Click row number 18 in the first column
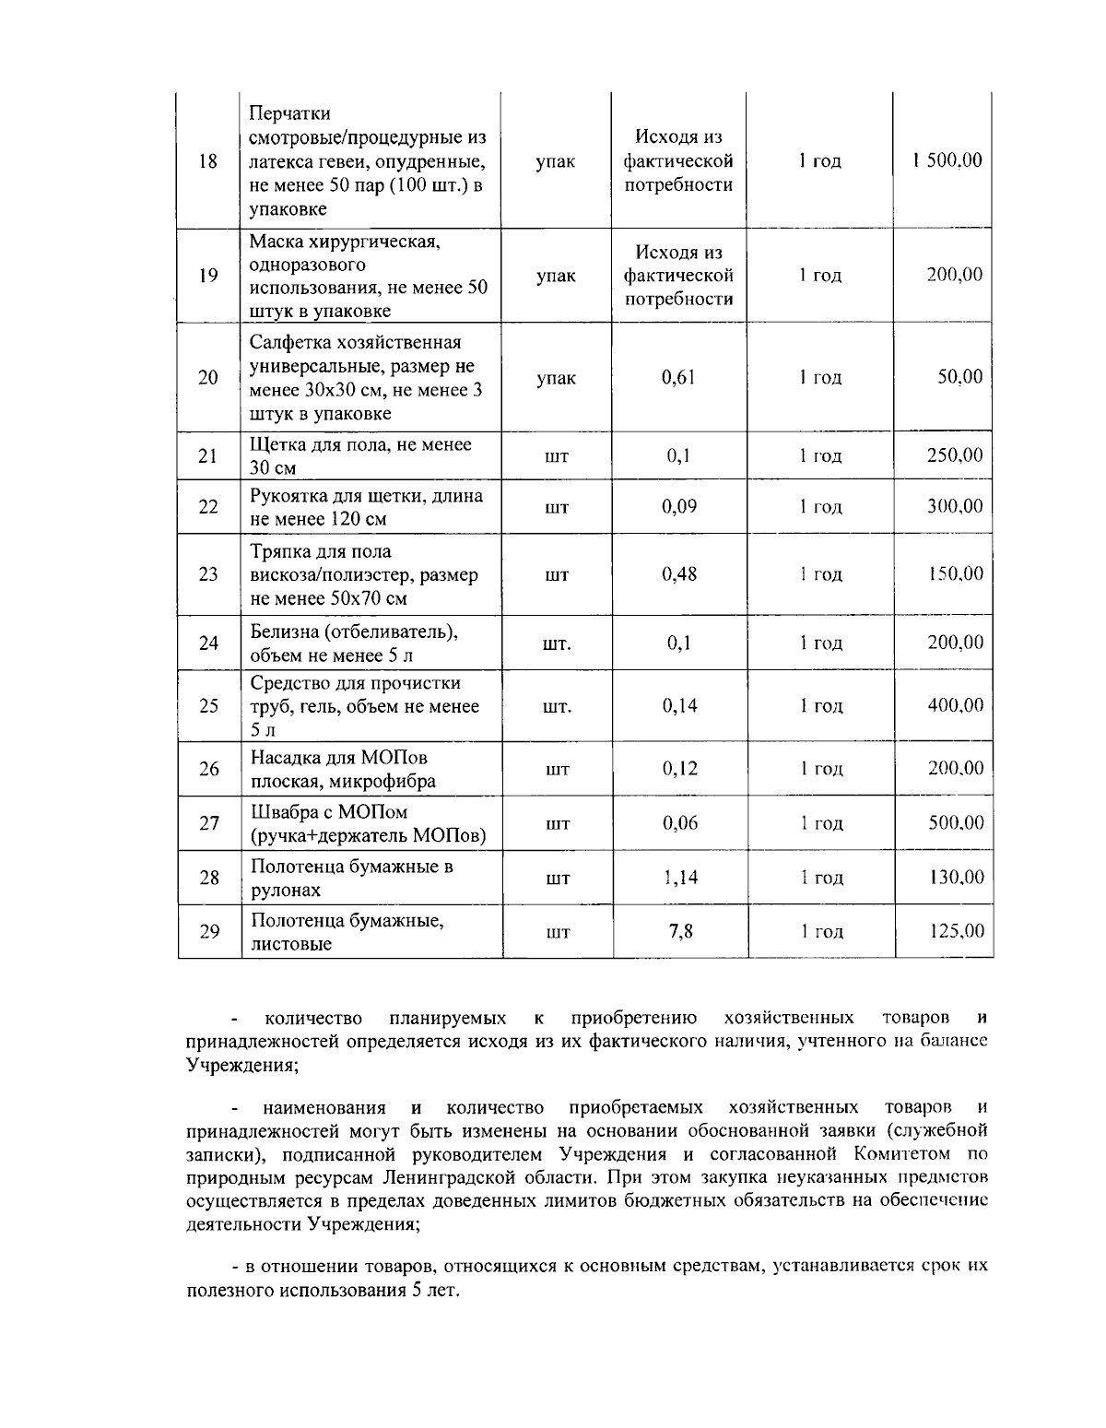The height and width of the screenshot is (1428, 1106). (208, 161)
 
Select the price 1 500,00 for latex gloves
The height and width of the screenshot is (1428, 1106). (947, 160)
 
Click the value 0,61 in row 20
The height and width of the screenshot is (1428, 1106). (679, 377)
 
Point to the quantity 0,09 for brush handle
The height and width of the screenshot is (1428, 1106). (679, 506)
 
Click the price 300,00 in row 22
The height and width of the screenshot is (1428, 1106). (955, 506)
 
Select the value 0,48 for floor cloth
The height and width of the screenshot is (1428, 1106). (679, 574)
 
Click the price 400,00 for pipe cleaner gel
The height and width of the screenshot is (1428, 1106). (955, 706)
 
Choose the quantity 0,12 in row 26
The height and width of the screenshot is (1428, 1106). (679, 769)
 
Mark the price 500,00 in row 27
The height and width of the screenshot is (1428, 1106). (955, 823)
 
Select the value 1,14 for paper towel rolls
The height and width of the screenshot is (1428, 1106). (679, 878)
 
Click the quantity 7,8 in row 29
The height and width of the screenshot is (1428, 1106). (680, 932)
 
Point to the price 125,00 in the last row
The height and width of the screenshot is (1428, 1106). (956, 932)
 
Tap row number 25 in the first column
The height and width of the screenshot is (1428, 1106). (208, 706)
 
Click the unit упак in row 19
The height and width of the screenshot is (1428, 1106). (556, 276)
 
